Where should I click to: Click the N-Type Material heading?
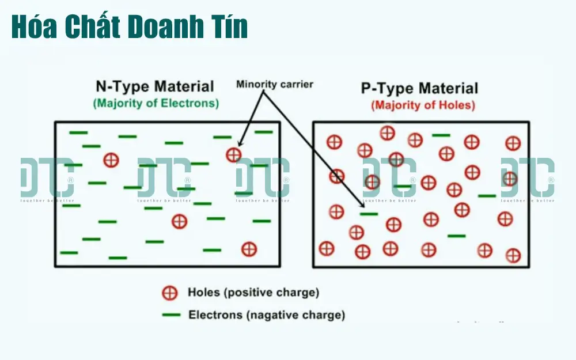(x=154, y=87)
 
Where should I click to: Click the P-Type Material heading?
(x=419, y=89)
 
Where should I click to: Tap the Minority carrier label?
(x=275, y=85)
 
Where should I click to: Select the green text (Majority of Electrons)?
(x=156, y=104)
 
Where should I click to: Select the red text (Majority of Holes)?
(x=423, y=105)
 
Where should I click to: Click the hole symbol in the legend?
(x=169, y=293)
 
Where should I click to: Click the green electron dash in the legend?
(x=171, y=315)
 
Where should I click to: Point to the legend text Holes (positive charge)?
(x=253, y=293)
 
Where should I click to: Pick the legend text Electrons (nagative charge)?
(x=267, y=315)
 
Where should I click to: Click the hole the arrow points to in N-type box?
(x=233, y=154)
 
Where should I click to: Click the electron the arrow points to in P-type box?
(x=369, y=214)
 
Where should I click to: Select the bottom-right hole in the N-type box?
(x=249, y=249)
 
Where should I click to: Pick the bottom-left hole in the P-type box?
(x=327, y=249)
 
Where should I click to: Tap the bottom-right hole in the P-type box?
(x=513, y=255)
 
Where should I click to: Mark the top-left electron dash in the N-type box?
(x=78, y=133)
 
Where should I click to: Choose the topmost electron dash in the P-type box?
(x=441, y=135)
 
